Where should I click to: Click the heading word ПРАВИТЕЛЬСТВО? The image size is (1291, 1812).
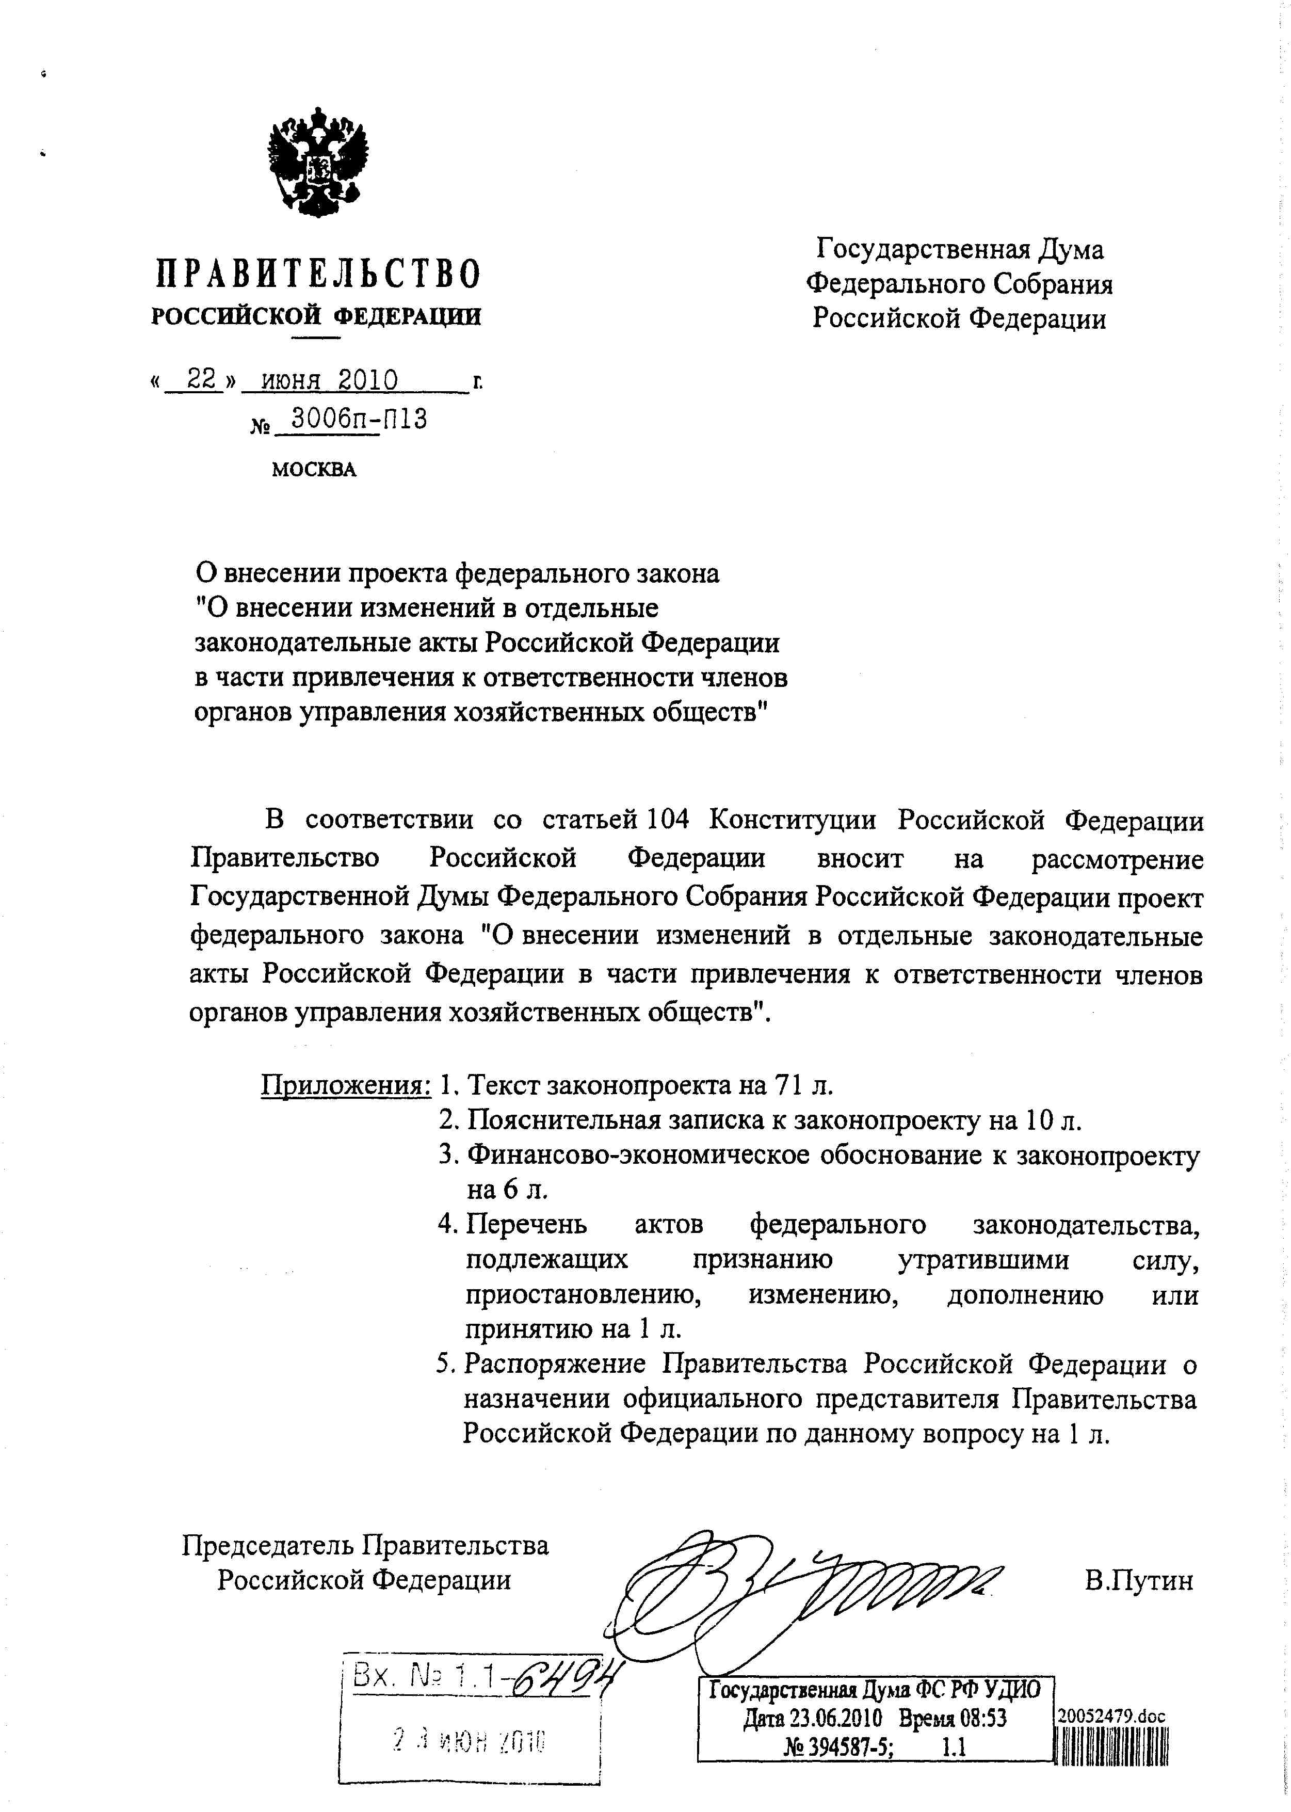click(x=317, y=275)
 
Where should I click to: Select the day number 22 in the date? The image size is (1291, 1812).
click(x=201, y=380)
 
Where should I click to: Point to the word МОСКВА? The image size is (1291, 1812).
click(x=314, y=470)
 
